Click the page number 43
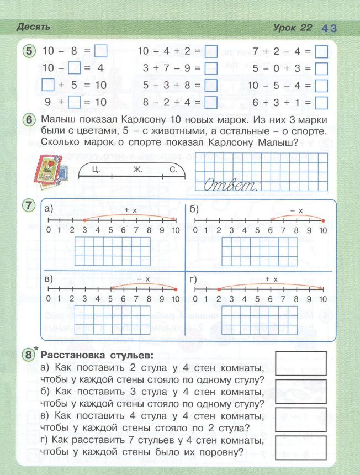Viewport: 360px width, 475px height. point(329,28)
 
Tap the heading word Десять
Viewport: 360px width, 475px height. point(34,27)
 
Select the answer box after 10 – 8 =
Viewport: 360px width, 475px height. point(100,52)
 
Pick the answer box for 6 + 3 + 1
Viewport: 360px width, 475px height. point(321,103)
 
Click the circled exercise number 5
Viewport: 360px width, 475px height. point(30,51)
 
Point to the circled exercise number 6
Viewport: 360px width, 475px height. point(30,120)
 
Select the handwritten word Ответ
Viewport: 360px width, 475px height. point(231,185)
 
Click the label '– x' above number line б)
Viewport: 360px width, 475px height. point(297,210)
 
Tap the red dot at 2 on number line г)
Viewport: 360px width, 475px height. point(219,289)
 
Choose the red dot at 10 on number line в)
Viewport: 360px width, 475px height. point(176,289)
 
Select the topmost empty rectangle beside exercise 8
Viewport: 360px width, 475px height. point(300,363)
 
